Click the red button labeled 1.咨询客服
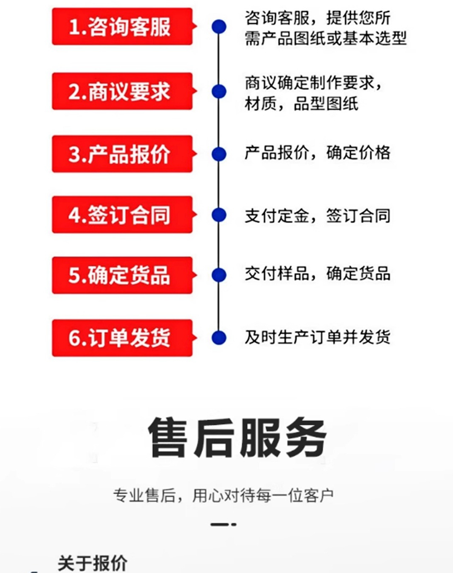click(122, 27)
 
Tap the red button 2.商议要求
click(122, 91)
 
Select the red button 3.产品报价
click(122, 154)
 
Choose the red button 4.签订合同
click(122, 215)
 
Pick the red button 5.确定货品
click(122, 275)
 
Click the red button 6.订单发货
click(122, 338)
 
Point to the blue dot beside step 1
click(219, 27)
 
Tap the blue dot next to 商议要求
click(219, 91)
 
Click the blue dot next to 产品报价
click(219, 154)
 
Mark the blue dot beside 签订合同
click(219, 215)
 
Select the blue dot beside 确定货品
click(219, 275)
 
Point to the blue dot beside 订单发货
click(219, 338)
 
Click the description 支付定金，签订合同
click(318, 216)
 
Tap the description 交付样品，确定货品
click(318, 274)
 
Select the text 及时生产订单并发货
click(318, 337)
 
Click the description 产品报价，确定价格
click(318, 152)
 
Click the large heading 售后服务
click(237, 438)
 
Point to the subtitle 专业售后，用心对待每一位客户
click(223, 496)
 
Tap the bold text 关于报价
click(93, 563)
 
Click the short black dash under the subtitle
click(223, 525)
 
